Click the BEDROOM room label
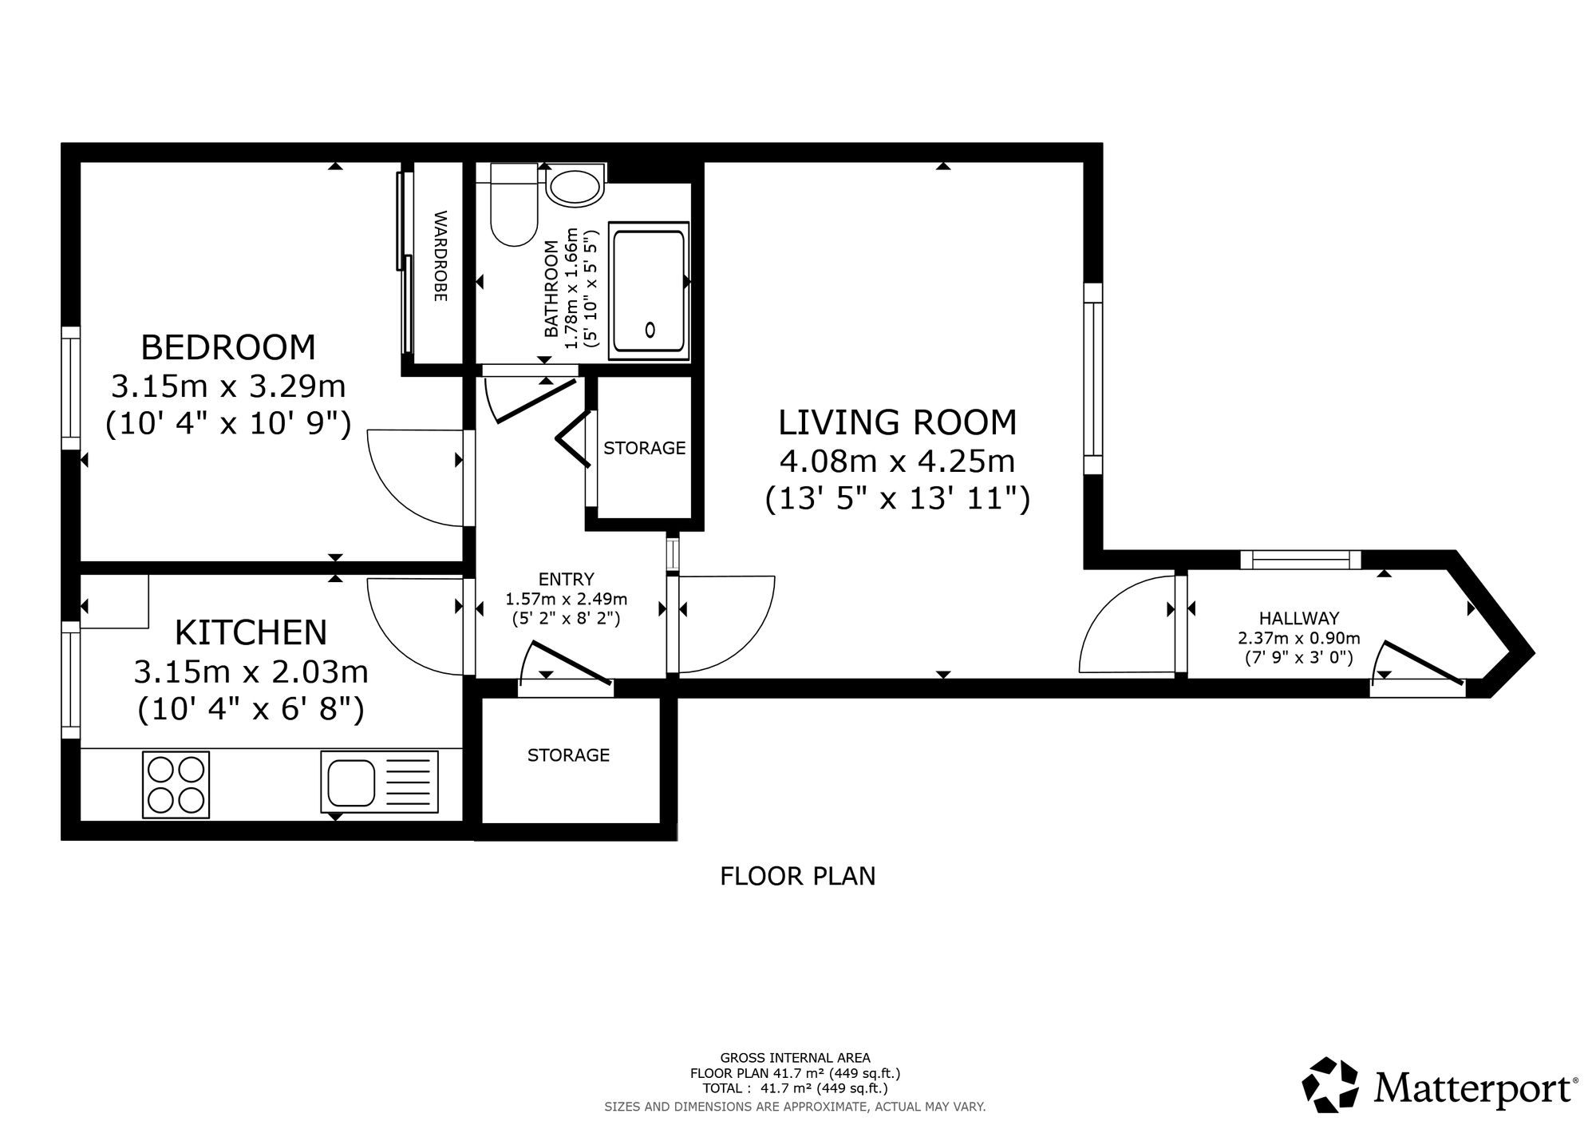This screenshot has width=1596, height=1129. (228, 347)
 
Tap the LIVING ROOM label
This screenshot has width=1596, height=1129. (898, 422)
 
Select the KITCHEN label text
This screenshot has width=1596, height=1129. (251, 632)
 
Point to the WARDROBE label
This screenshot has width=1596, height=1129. (440, 256)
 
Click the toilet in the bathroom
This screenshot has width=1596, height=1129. (513, 204)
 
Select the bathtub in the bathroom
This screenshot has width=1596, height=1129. (649, 291)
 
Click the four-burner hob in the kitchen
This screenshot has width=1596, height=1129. (176, 785)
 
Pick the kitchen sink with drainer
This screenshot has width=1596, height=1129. (379, 782)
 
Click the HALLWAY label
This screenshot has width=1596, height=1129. (1299, 618)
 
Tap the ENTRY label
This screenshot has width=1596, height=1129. (567, 580)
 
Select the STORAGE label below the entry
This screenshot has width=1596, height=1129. (568, 755)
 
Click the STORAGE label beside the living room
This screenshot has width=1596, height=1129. (645, 449)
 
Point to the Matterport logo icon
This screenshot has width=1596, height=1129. (1330, 1084)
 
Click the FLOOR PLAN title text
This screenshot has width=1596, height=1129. (798, 877)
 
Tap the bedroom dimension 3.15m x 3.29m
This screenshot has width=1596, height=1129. (228, 386)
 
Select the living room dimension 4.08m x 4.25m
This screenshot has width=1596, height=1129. (898, 462)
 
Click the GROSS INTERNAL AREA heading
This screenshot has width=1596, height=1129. (796, 1058)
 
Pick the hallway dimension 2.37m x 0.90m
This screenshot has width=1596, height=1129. (1299, 639)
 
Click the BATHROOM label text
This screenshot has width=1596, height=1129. (551, 288)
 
